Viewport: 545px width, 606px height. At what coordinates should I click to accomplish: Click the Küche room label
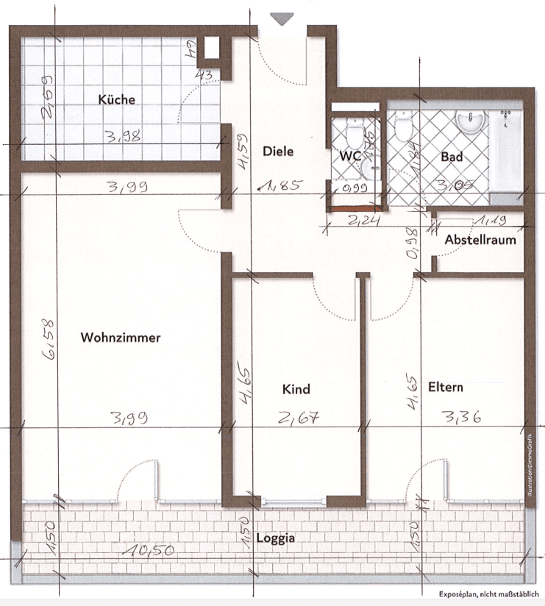point(117,99)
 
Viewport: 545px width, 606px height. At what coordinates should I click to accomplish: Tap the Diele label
point(278,151)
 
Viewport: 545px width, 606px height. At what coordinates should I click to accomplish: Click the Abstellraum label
point(480,240)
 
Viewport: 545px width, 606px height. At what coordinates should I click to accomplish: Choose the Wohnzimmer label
point(121,338)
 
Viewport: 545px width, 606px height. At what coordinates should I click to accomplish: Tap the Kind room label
point(296,389)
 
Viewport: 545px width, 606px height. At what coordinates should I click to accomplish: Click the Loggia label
point(276,538)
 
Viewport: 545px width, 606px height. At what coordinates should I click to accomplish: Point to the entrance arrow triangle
point(281,18)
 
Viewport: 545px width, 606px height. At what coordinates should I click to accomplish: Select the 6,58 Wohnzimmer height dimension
point(49,343)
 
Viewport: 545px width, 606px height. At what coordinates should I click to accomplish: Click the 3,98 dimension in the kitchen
point(123,135)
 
